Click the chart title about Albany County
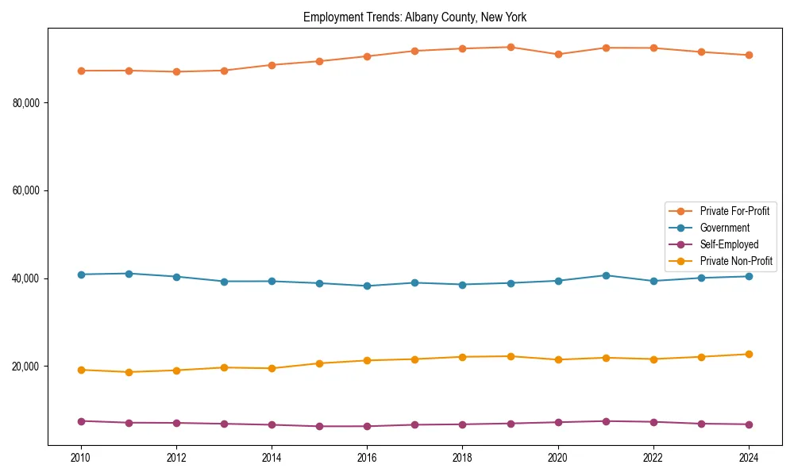point(414,17)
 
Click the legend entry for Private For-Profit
point(734,211)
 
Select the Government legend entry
point(724,228)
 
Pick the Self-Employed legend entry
point(729,244)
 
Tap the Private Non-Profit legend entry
point(736,261)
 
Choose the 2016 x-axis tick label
point(367,458)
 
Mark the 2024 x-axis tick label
point(749,458)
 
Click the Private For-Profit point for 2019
point(511,47)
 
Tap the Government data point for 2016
point(367,286)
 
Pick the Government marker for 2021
point(606,275)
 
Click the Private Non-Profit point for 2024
point(749,354)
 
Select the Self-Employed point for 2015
point(319,426)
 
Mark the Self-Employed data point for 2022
point(653,422)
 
